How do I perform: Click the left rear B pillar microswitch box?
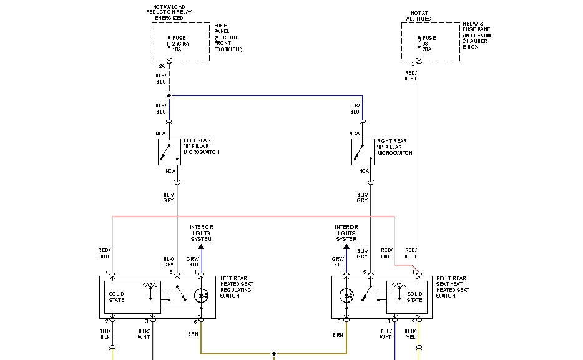169,152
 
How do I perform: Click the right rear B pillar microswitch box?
363,152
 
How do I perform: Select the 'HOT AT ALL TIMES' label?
419,16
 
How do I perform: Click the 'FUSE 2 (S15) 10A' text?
180,44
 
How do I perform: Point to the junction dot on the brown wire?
273,354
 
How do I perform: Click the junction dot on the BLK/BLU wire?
169,96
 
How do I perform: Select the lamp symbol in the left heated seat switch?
201,296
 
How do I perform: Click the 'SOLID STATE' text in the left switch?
117,296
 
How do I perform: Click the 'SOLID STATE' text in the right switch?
414,296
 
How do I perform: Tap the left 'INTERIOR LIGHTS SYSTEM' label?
201,233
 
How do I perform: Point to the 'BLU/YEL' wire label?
410,334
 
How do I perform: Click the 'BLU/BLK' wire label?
104,334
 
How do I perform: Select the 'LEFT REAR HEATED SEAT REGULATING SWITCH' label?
236,286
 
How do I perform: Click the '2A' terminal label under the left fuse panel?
162,66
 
